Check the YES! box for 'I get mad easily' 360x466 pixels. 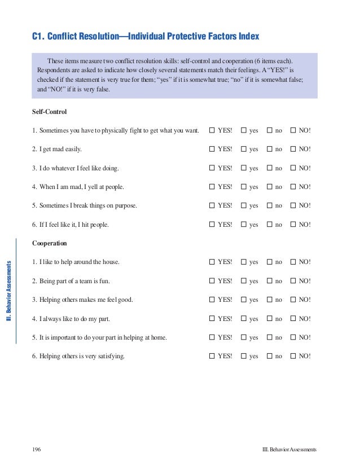pyautogui.click(x=212, y=150)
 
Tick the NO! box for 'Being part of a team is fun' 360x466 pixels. pyautogui.click(x=293, y=281)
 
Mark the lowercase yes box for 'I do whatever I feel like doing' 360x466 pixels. pyautogui.click(x=244, y=168)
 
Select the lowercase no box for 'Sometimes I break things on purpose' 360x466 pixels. pyautogui.click(x=269, y=206)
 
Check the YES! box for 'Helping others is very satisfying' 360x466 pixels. pyautogui.click(x=212, y=357)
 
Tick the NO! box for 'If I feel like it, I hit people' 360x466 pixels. pyautogui.click(x=293, y=225)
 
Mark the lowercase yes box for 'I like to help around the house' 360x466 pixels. pyautogui.click(x=244, y=262)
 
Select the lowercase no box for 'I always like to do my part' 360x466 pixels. pyautogui.click(x=269, y=319)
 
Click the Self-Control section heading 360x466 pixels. pyautogui.click(x=50, y=112)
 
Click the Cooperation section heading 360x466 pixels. pyautogui.click(x=50, y=244)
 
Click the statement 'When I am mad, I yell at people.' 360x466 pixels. pyautogui.click(x=78, y=187)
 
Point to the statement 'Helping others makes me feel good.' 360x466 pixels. pyautogui.click(x=83, y=300)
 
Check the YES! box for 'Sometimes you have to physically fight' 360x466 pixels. pyautogui.click(x=212, y=131)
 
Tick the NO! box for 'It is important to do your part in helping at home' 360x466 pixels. pyautogui.click(x=293, y=337)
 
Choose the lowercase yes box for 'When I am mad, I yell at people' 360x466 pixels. pyautogui.click(x=244, y=187)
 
